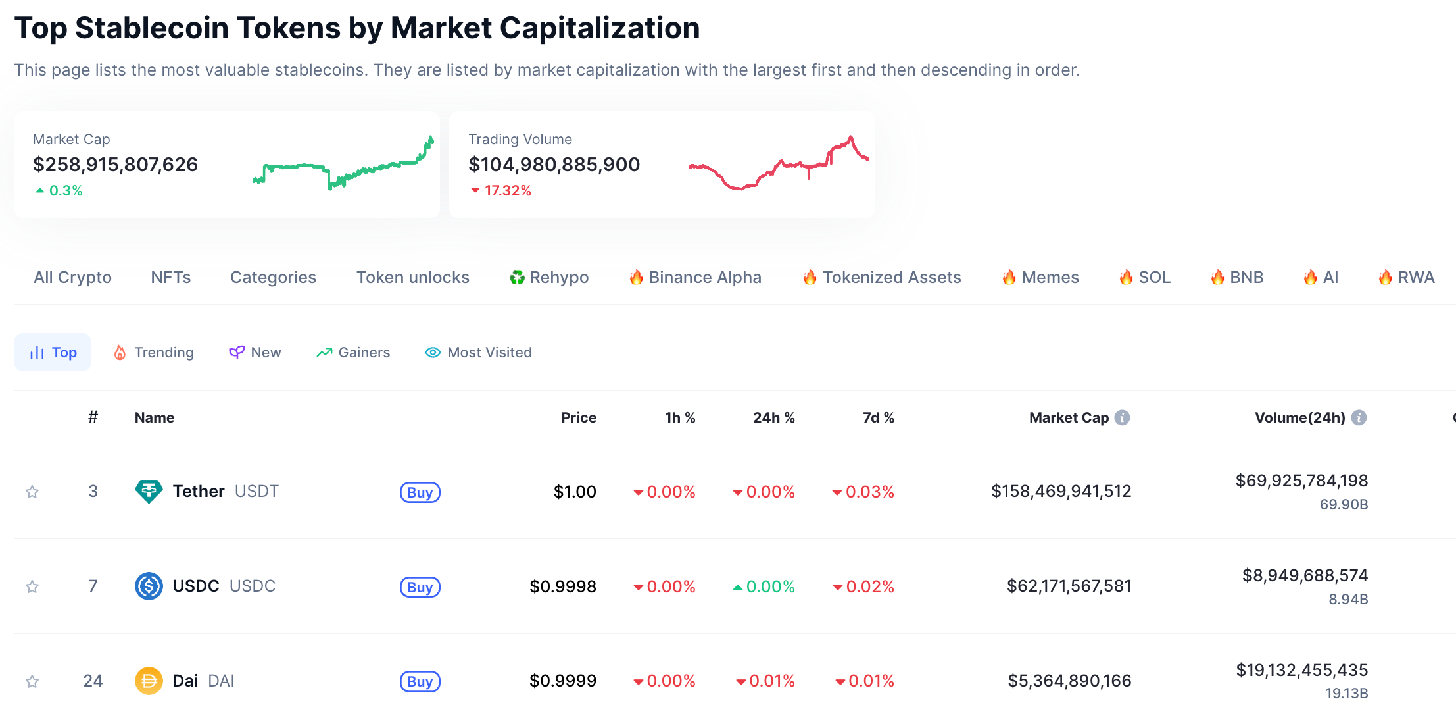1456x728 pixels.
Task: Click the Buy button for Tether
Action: click(x=420, y=492)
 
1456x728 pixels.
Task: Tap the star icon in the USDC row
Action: click(x=32, y=586)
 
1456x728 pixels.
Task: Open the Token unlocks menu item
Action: click(x=412, y=278)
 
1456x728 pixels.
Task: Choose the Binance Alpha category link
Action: click(x=695, y=278)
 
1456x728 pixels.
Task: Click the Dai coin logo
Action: click(x=149, y=681)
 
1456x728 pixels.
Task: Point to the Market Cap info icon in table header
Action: click(x=1123, y=418)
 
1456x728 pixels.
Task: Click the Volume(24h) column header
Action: click(x=1299, y=418)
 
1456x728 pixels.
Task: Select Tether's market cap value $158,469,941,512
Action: click(x=1061, y=492)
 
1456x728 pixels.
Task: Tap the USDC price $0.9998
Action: click(x=563, y=586)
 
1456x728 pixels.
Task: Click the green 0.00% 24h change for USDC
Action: click(x=764, y=586)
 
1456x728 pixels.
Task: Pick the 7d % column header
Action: click(x=878, y=418)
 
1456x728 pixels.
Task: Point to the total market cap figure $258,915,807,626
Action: click(x=115, y=165)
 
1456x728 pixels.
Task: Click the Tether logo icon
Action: click(x=149, y=492)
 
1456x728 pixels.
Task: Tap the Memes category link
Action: click(x=1040, y=278)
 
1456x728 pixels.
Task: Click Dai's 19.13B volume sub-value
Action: click(x=1346, y=694)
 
